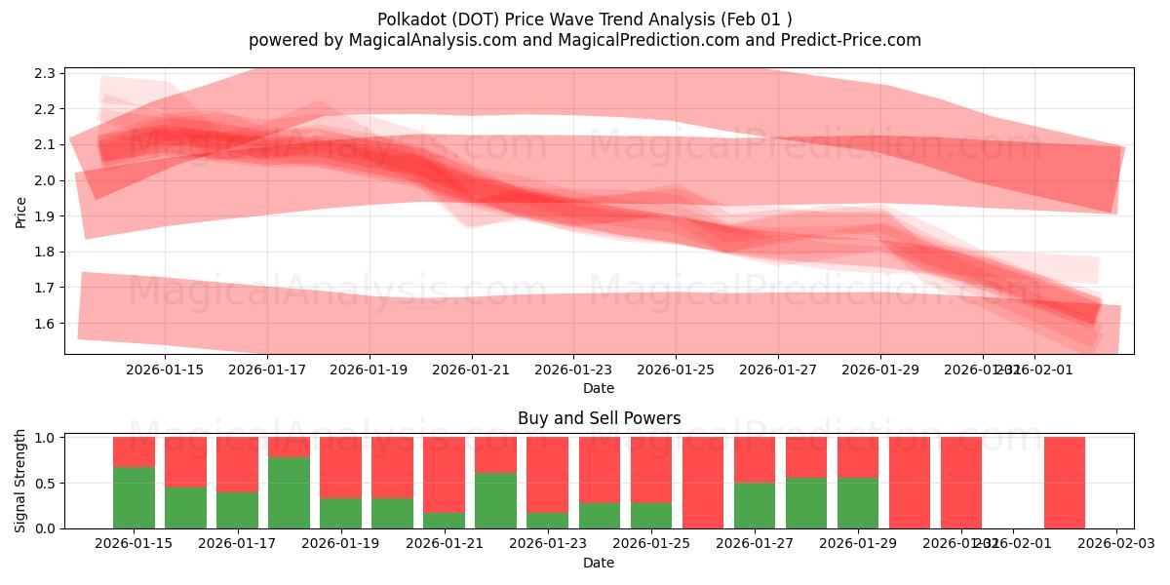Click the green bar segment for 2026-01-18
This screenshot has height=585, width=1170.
point(289,492)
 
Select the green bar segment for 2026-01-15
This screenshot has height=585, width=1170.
point(134,497)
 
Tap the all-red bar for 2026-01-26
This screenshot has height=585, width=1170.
point(703,483)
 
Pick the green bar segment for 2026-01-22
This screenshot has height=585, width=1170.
point(495,500)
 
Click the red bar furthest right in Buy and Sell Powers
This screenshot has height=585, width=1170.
point(1064,483)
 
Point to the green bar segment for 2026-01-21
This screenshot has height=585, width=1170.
point(444,520)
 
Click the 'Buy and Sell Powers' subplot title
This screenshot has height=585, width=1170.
point(599,418)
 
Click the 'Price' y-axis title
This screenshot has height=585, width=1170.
point(20,212)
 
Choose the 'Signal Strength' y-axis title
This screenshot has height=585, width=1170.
point(20,481)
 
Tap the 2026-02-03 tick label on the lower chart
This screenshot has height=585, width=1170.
point(1115,544)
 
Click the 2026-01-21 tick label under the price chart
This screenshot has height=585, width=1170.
point(472,370)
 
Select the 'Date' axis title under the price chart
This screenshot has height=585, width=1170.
point(599,388)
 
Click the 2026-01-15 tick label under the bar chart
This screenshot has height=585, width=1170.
point(134,544)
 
